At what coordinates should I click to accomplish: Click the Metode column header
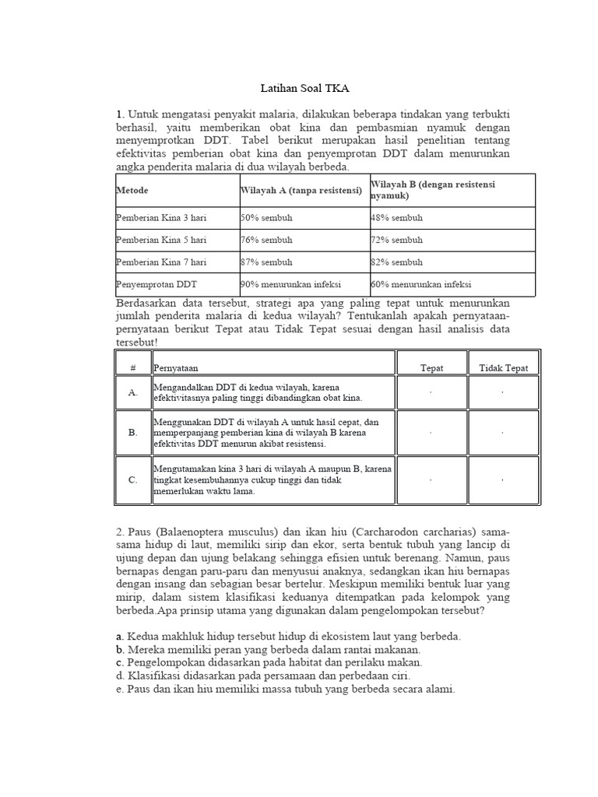132,191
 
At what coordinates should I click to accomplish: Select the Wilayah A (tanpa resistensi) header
301,191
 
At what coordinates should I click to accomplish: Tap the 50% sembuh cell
266,219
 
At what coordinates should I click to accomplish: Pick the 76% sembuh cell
266,241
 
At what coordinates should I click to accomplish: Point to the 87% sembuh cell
266,262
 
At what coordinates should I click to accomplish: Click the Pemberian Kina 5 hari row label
161,241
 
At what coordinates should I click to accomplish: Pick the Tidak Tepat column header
503,368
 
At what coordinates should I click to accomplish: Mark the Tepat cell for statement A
431,393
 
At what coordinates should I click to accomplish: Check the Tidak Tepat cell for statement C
503,480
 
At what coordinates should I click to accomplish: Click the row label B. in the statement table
133,431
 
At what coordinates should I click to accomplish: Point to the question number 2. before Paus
120,531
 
